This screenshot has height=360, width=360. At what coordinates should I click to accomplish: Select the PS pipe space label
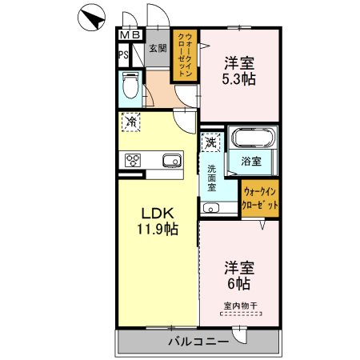124,55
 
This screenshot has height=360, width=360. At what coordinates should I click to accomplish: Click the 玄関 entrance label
157,50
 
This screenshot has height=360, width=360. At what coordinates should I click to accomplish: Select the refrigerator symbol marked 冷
130,122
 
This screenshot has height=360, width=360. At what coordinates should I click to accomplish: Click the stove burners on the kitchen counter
133,159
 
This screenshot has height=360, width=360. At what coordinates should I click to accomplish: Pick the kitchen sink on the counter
173,161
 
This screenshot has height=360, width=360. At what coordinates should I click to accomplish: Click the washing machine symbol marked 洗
210,142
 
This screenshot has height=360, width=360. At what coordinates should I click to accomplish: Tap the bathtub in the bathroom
253,142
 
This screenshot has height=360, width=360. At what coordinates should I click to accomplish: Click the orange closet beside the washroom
261,198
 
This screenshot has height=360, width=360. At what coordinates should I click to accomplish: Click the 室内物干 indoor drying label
240,306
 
